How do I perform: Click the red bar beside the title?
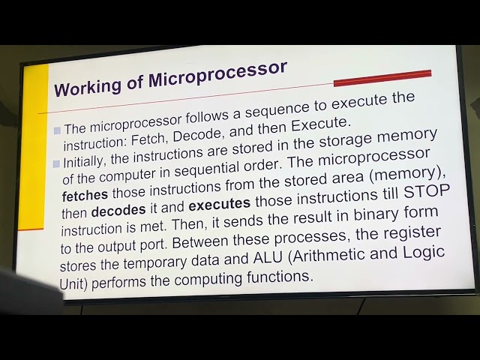click(382, 77)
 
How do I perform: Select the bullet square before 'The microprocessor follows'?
click(57, 130)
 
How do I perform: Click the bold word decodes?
click(118, 211)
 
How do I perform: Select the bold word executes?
click(219, 203)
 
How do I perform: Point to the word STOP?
click(427, 189)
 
